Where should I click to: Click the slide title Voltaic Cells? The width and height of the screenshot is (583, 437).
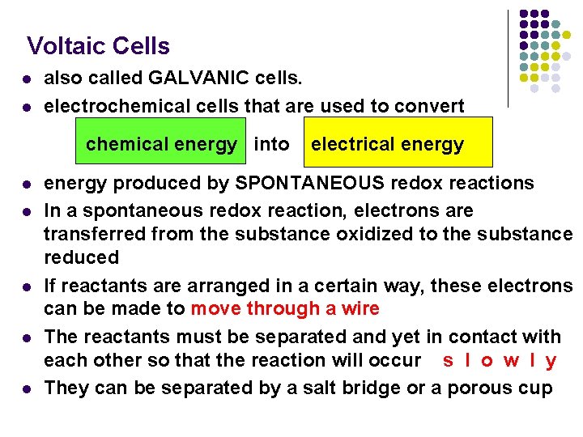click(x=98, y=46)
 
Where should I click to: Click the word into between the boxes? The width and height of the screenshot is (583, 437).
click(x=271, y=144)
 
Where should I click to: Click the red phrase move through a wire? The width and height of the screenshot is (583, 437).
click(x=285, y=308)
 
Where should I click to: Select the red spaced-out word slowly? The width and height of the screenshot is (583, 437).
click(x=500, y=360)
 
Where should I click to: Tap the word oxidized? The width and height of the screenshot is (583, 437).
click(x=334, y=234)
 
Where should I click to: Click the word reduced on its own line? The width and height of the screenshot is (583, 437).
click(x=81, y=257)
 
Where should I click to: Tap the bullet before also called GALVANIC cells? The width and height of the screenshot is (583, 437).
click(x=26, y=80)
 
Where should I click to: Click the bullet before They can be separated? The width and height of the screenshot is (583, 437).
click(x=26, y=388)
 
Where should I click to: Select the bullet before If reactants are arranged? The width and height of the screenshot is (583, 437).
click(x=26, y=286)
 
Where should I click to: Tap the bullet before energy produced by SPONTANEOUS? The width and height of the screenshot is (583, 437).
click(x=26, y=184)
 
